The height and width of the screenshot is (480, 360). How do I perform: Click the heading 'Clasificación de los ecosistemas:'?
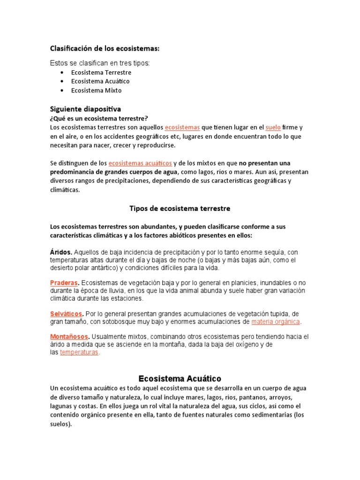click(x=105, y=48)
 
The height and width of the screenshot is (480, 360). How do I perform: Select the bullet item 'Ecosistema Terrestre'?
click(x=101, y=73)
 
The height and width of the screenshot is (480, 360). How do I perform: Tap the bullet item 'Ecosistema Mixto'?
click(x=96, y=90)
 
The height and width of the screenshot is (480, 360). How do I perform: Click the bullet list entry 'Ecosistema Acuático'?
click(x=100, y=81)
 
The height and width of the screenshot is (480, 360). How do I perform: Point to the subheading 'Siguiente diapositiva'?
click(x=85, y=109)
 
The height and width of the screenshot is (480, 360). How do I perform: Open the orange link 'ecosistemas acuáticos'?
click(x=140, y=163)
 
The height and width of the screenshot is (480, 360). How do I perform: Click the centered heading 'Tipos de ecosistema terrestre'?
click(x=180, y=208)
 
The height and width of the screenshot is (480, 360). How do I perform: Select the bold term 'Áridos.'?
click(x=61, y=251)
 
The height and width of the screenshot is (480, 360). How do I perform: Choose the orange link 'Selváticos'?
click(x=67, y=313)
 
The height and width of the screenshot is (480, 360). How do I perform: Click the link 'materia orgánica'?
click(x=275, y=322)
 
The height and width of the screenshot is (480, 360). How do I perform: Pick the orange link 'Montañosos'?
click(x=69, y=337)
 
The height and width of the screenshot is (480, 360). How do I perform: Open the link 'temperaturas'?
click(x=79, y=352)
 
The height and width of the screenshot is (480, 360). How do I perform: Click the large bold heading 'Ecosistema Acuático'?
click(x=180, y=378)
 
